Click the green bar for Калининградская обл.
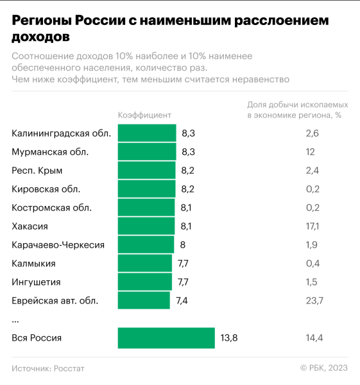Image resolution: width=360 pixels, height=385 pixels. point(147,133)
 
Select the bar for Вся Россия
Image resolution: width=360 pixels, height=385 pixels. point(166,338)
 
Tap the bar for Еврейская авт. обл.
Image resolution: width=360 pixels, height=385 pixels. point(144,300)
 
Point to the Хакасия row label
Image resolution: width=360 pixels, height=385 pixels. point(30,226)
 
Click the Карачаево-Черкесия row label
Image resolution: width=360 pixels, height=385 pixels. point(58,244)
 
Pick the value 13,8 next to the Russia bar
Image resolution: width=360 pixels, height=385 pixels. point(229,338)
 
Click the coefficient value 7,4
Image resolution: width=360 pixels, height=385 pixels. point(182,300)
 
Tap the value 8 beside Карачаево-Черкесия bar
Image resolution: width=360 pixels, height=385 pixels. point(183,244)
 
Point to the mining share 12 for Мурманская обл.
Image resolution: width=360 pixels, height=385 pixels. point(311,151)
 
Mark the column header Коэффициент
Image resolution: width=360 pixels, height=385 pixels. point(144,115)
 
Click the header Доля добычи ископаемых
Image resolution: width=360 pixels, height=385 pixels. point(298,104)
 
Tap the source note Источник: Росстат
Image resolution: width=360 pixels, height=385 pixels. point(47,368)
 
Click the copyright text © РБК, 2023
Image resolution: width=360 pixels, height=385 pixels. point(323,368)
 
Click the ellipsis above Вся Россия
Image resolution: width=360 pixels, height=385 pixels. point(15,319)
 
